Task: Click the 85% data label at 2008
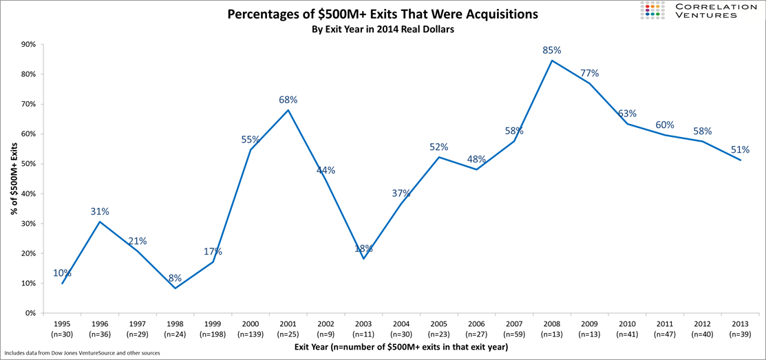click(552, 50)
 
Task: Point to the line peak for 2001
click(288, 110)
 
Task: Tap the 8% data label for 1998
click(175, 278)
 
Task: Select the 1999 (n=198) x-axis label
click(213, 328)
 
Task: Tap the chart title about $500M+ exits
click(383, 14)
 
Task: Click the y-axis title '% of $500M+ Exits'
click(14, 178)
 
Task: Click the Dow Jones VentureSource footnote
click(83, 353)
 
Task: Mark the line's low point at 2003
click(363, 258)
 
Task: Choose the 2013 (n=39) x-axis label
click(739, 328)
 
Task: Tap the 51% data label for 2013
click(740, 149)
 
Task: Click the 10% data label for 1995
click(62, 273)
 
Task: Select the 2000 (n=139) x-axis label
click(251, 328)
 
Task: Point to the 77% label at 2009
click(589, 73)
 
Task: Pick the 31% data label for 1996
click(100, 211)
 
